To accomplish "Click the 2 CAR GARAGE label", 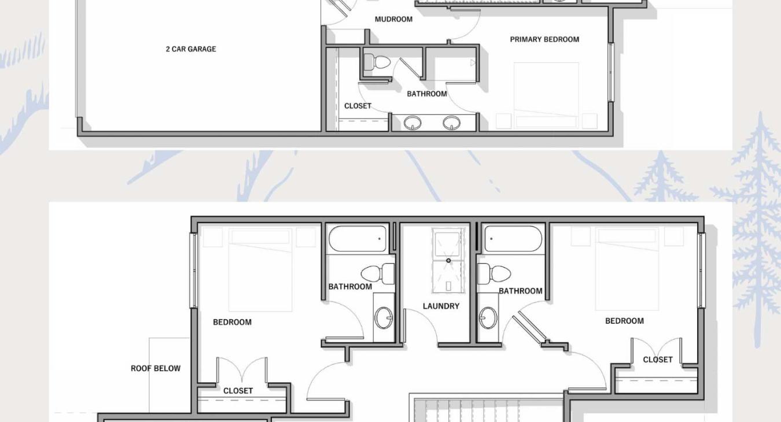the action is pos(191,49).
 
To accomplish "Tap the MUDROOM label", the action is pos(393,19).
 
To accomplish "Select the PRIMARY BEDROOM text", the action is pos(544,39).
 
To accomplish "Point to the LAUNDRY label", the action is pos(441,306).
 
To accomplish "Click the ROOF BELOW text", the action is pos(156,368).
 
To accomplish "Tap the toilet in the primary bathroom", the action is pos(377,63).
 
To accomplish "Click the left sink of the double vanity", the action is pos(412,123).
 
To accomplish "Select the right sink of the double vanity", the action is pos(451,123).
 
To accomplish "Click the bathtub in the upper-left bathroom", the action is pos(358,239).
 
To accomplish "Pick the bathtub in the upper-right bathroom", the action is pos(513,239).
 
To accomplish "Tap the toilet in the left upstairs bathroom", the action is pos(378,273).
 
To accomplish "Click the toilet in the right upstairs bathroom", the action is pos(494,273).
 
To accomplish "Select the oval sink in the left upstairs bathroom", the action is pos(384,317).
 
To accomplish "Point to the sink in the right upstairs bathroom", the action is pos(488,317).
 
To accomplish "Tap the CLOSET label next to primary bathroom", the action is pos(358,106).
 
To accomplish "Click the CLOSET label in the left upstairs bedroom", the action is pos(238,391).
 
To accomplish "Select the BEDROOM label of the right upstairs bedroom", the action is pos(624,321).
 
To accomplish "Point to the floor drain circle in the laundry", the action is pos(448,260).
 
